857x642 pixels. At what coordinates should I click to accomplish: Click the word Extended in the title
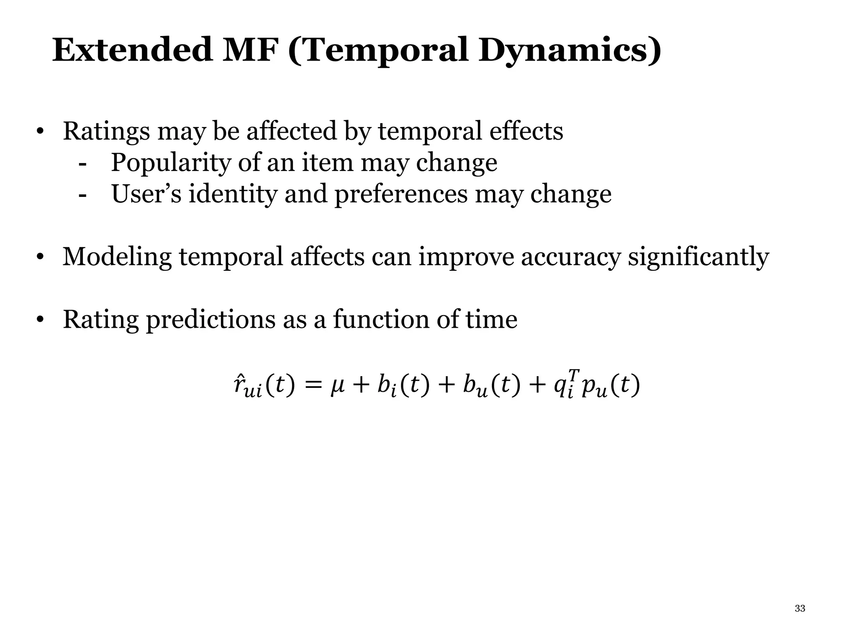[x=132, y=50]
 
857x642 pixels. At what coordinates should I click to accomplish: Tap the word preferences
[x=401, y=195]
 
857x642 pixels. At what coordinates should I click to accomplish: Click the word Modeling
[x=117, y=257]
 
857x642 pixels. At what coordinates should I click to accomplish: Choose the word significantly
[x=698, y=257]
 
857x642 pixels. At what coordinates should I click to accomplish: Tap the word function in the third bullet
[x=381, y=319]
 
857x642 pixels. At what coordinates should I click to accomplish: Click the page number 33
[x=800, y=609]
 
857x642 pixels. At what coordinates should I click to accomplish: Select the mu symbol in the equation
[x=337, y=385]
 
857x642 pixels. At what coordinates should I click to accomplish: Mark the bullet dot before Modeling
[x=40, y=257]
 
